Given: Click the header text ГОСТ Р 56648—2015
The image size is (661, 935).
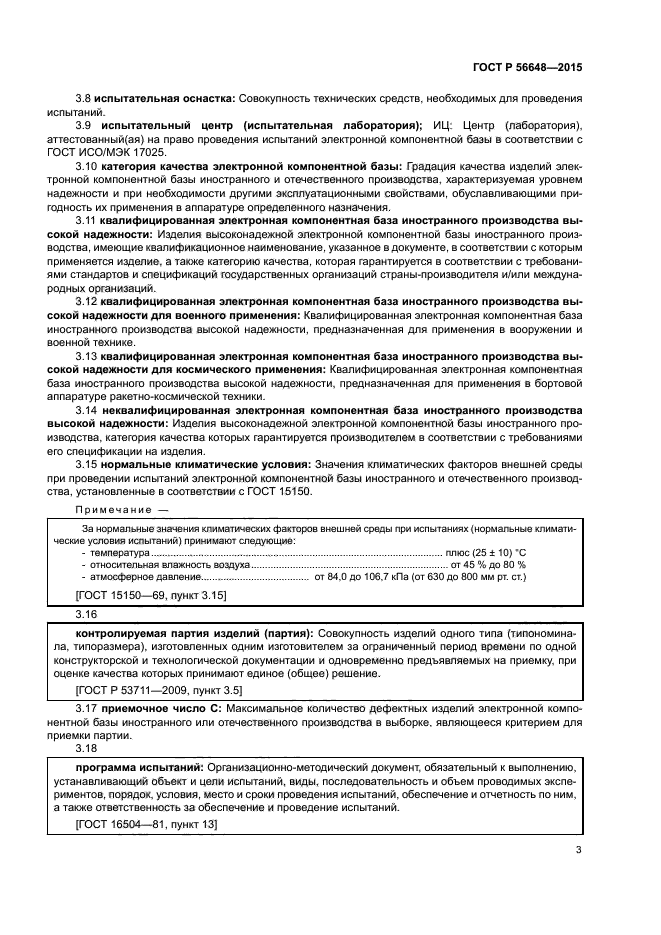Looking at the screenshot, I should click(527, 68).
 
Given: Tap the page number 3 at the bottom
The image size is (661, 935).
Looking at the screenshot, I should click(578, 851).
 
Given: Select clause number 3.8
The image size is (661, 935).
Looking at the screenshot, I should click(83, 99).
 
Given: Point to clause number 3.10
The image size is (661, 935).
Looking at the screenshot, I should click(86, 165).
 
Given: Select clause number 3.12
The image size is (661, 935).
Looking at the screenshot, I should click(86, 300).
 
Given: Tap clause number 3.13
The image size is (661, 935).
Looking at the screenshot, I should click(86, 355).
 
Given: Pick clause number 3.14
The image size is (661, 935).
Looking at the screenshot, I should click(86, 410).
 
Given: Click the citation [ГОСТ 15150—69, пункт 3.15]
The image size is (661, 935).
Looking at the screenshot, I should click(151, 596).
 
